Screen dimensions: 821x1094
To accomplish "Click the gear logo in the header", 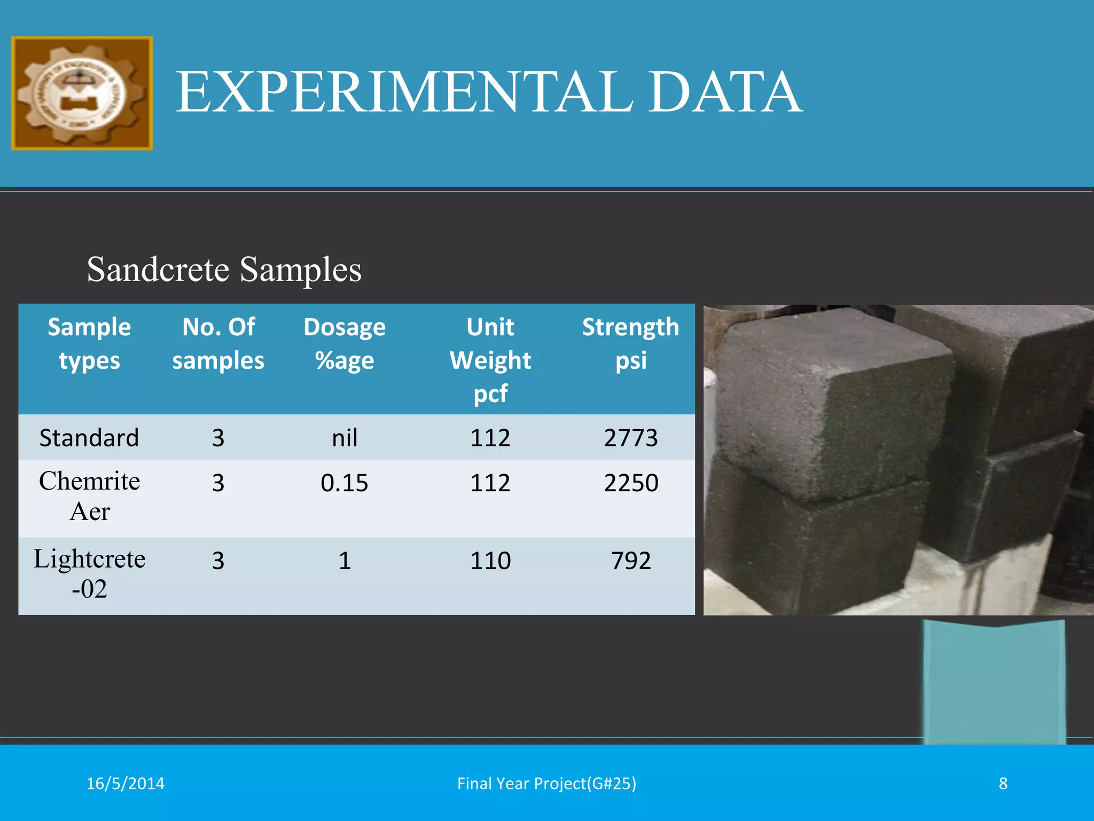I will click(x=82, y=93).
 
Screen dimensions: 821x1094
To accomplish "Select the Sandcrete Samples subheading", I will click(x=224, y=269).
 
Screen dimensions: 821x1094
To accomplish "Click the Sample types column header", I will click(x=89, y=343).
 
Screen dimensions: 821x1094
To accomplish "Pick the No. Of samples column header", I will click(x=218, y=343).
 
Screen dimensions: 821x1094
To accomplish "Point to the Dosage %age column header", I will click(x=345, y=343).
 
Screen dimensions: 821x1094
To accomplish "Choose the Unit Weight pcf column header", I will click(x=490, y=359).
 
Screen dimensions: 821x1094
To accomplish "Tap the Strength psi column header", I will click(x=630, y=343).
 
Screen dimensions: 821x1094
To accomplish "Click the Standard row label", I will click(x=89, y=438).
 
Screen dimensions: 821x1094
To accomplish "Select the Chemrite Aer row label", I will click(x=89, y=496).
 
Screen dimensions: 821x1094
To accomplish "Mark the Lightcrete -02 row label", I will click(x=89, y=574).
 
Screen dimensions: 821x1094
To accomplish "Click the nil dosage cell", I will click(x=345, y=438).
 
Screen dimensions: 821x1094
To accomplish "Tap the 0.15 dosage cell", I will click(x=345, y=483).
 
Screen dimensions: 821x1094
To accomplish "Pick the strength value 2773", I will click(x=631, y=438).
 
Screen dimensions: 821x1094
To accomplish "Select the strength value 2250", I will click(x=631, y=483).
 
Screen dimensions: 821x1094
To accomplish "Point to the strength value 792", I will click(x=631, y=561).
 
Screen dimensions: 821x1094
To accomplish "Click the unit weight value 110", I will click(x=490, y=561).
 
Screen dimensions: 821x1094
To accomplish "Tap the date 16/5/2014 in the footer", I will click(x=126, y=783).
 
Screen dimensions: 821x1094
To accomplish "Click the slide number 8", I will click(x=1003, y=783).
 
